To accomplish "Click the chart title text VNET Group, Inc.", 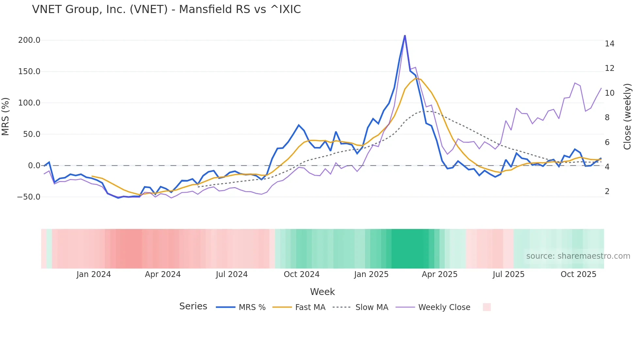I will [166, 9].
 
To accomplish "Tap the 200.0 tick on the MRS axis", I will [29, 40].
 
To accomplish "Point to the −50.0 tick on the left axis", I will [29, 197].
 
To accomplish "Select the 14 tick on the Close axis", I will [609, 44].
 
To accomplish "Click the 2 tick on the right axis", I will [607, 191].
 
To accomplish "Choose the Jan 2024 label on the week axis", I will [94, 274].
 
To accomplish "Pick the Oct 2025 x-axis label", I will [578, 274].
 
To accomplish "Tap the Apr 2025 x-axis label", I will [440, 274].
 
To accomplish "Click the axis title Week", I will [322, 292].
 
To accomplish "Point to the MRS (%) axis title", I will [6, 117].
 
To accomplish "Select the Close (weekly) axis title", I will [627, 117].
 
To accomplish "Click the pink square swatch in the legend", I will [487, 307].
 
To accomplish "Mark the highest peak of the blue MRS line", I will [405, 36].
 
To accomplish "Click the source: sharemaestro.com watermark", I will [578, 256].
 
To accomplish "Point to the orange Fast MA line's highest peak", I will [416, 78].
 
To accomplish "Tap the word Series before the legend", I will [193, 306].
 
